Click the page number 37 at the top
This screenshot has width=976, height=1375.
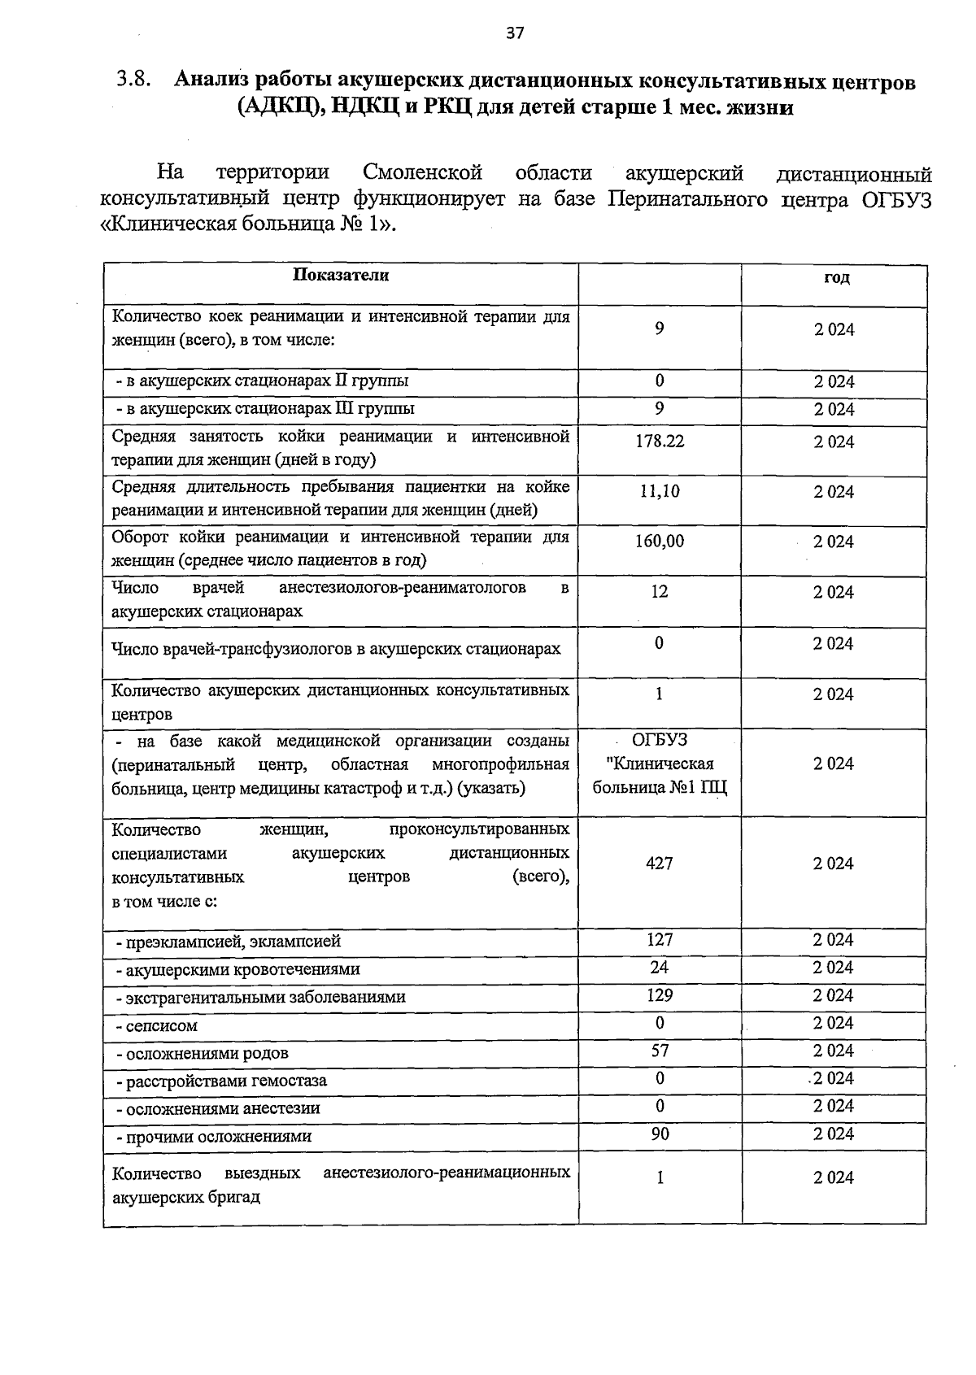click(x=516, y=33)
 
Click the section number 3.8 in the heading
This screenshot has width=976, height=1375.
click(x=133, y=80)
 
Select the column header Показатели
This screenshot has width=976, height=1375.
click(x=341, y=276)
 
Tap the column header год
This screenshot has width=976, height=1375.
click(x=836, y=277)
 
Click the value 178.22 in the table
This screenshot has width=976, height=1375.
click(x=660, y=441)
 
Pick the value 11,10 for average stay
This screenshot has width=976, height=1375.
click(x=660, y=491)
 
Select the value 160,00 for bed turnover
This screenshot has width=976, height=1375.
click(x=660, y=542)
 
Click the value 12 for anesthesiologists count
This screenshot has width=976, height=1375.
click(x=660, y=592)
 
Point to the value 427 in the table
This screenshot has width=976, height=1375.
click(x=660, y=864)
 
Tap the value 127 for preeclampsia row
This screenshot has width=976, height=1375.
click(x=660, y=940)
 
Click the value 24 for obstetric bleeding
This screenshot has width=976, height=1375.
click(x=660, y=968)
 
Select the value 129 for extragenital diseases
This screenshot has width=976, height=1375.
click(x=660, y=995)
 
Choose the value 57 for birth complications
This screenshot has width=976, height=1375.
click(x=660, y=1051)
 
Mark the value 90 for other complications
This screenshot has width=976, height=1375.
click(x=660, y=1134)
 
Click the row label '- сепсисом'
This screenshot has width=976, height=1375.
click(x=156, y=1026)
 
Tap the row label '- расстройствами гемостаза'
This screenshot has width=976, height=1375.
click(x=221, y=1081)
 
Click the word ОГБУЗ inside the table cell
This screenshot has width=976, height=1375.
click(x=660, y=740)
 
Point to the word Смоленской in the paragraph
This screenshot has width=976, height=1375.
click(x=423, y=173)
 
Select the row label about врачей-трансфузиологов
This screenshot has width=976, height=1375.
click(x=336, y=649)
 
